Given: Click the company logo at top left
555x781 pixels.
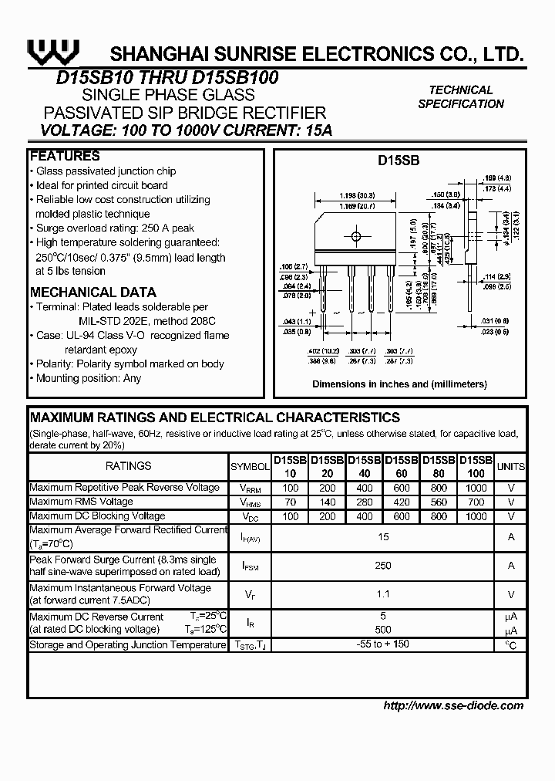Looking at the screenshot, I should [53, 51].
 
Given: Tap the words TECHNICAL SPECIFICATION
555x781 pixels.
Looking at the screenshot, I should [461, 97].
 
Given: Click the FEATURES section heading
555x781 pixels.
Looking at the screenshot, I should [65, 156].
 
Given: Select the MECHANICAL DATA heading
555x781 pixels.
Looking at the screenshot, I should [92, 292].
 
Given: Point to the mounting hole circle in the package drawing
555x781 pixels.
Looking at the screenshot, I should [355, 236].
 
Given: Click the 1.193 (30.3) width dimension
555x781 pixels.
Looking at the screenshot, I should [356, 196].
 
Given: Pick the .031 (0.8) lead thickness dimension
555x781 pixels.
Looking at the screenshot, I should [495, 321].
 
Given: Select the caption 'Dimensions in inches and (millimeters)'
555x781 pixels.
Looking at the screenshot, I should [399, 384].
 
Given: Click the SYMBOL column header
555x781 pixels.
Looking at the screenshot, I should [251, 466].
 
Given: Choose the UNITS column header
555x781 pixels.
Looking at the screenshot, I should [510, 466].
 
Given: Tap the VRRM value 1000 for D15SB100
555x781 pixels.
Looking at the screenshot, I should [476, 489].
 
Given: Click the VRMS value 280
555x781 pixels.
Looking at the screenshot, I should [365, 502].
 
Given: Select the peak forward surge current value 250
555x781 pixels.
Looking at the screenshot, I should [383, 566].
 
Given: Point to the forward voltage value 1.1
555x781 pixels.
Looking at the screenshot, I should [383, 594].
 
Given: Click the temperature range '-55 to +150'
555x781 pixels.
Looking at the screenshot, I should [383, 644].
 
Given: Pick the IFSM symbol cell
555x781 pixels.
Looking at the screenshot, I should [251, 566].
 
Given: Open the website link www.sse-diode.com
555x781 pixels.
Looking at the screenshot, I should [453, 705].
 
